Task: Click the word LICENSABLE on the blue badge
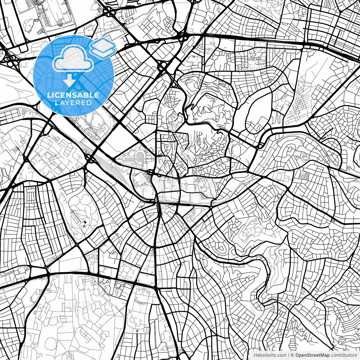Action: (x=73, y=95)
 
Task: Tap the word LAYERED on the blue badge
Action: (x=73, y=103)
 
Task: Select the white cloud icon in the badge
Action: (x=73, y=59)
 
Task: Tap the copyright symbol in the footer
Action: (x=292, y=355)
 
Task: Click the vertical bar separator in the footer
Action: (x=289, y=355)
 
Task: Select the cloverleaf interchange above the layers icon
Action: (x=108, y=12)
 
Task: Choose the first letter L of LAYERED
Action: (x=56, y=103)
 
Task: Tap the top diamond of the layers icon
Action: (x=103, y=44)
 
